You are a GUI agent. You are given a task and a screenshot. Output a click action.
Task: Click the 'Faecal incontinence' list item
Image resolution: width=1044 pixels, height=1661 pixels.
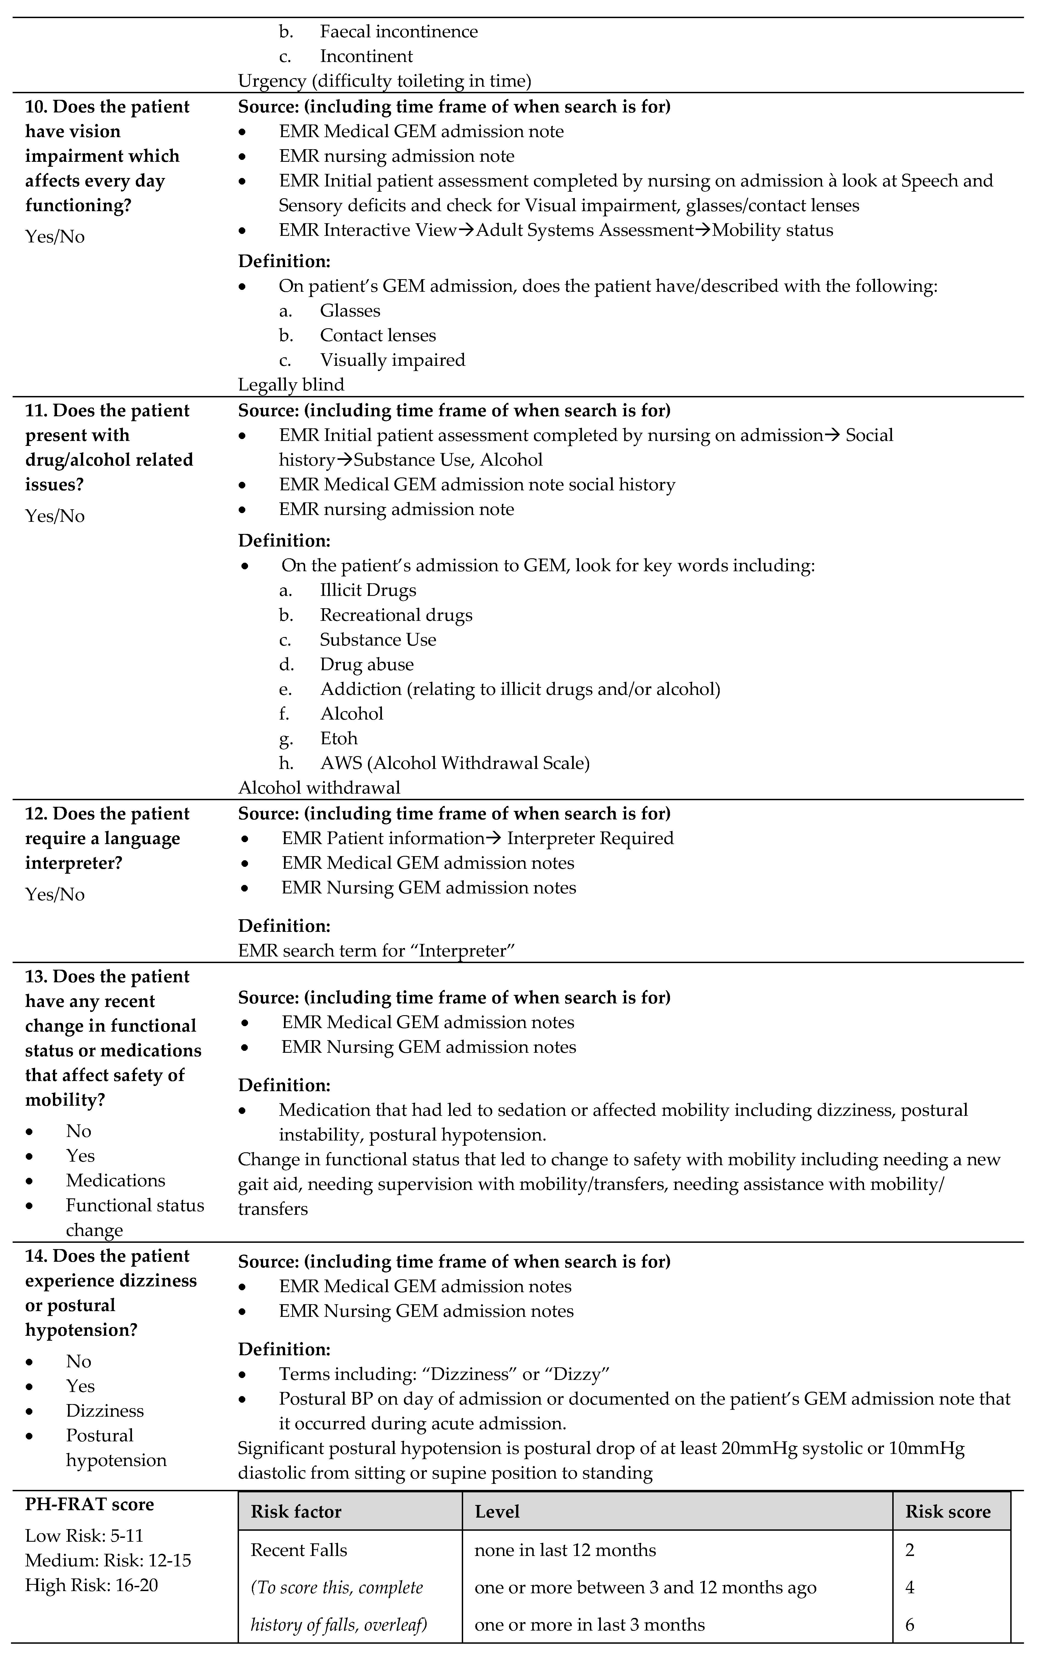(398, 32)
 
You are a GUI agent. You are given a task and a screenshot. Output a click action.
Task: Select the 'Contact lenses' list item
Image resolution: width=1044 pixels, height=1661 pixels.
(378, 335)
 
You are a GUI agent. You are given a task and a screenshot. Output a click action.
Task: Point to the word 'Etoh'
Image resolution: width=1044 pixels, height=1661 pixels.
(339, 738)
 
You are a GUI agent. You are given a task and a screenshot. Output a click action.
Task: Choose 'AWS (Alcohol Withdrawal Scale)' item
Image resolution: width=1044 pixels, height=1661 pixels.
(455, 763)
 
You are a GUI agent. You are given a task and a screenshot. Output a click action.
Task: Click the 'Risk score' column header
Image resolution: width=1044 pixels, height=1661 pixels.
(947, 1511)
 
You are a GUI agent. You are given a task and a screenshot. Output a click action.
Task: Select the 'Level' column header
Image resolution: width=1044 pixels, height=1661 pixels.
(497, 1511)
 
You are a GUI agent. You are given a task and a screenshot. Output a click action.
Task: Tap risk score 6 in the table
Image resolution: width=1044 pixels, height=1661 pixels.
(910, 1625)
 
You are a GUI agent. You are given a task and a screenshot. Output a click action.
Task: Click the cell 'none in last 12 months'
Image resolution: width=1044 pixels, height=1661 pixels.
(564, 1550)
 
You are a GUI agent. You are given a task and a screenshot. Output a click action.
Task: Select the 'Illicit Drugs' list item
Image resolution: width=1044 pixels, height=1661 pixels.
(368, 590)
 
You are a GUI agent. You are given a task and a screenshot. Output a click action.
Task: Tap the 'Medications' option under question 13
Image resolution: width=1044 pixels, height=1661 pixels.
(115, 1180)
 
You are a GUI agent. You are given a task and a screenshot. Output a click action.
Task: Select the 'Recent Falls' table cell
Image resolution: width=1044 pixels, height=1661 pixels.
(298, 1550)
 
